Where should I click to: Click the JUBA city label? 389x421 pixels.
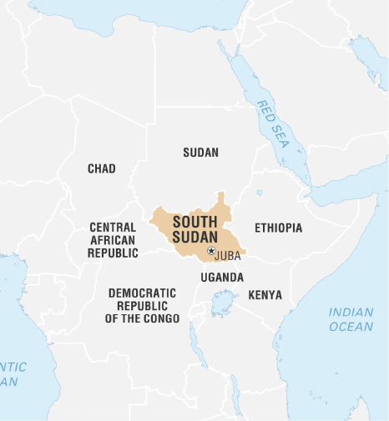[x=227, y=256]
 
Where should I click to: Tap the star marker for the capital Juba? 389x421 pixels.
[x=210, y=251]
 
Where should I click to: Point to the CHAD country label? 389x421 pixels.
[x=102, y=169]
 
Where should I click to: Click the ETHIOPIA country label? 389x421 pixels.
[x=278, y=228]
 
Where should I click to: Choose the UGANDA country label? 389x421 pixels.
[x=222, y=277]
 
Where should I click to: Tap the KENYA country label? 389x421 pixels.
[x=265, y=295]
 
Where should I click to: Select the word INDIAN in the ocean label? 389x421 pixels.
[x=351, y=313]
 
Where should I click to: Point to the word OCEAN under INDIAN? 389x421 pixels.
[x=351, y=327]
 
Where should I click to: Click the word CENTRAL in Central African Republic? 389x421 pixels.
[x=113, y=227]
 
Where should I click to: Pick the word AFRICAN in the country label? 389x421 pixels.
[x=113, y=239]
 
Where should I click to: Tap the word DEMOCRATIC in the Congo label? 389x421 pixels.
[x=142, y=293]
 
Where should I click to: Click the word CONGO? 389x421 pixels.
[x=161, y=318]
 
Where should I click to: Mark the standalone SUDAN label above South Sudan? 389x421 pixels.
[x=200, y=153]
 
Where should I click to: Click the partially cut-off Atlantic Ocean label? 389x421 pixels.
[x=12, y=374]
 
